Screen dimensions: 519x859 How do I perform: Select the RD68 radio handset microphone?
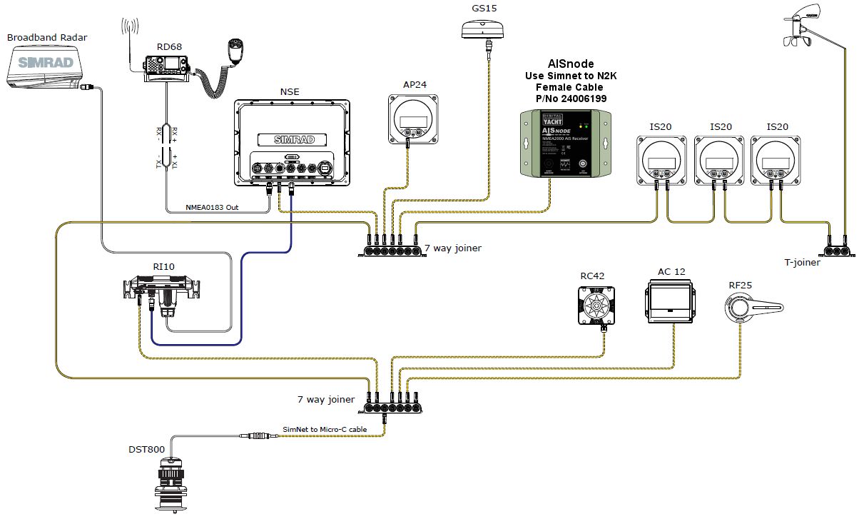coord(235,49)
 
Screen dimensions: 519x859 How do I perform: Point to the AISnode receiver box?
coord(564,143)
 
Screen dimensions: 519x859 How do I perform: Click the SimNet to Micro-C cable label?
coord(325,429)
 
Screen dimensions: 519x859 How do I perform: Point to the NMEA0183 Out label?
coord(213,207)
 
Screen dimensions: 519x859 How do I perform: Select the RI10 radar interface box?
coord(163,293)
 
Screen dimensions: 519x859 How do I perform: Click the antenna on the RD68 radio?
coord(129,43)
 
